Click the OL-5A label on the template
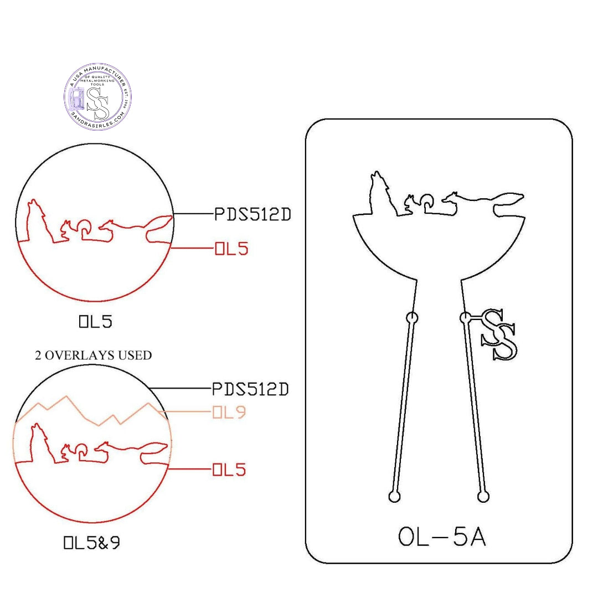point(442,537)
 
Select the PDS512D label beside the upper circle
point(252,214)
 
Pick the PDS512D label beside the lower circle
point(250,390)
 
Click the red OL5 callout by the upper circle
point(231,249)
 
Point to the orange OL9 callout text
point(229,413)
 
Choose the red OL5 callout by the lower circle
point(229,471)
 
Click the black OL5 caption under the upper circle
point(95,322)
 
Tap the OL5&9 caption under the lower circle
point(92,543)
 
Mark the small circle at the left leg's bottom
point(394,496)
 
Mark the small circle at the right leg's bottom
point(483,496)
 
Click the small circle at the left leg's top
point(412,318)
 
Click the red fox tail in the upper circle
point(158,228)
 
